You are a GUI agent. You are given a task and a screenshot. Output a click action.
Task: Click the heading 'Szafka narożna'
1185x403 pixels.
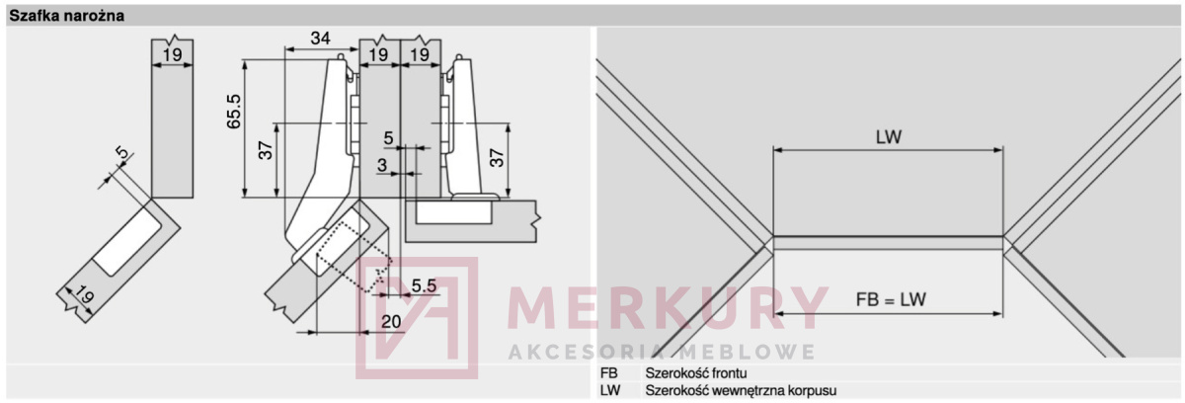(67, 16)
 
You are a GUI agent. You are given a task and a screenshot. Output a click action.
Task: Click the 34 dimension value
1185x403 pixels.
(321, 39)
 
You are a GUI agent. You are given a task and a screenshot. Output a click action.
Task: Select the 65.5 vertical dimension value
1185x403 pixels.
(233, 111)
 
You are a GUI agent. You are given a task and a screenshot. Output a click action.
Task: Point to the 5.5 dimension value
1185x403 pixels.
(424, 285)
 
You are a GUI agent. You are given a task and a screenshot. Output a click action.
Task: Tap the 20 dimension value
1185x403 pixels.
(391, 321)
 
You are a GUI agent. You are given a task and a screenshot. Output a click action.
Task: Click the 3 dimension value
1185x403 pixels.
(382, 166)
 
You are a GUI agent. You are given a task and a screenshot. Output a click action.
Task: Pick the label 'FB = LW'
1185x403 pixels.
(891, 299)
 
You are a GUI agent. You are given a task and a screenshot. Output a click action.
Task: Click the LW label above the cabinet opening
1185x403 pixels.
(889, 137)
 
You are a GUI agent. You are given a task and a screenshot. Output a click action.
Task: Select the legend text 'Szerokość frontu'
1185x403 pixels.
(696, 372)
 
